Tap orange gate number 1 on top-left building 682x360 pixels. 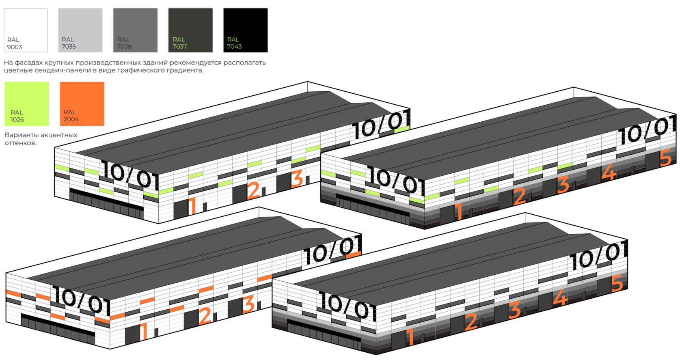click(192, 205)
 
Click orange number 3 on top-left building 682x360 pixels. click(297, 178)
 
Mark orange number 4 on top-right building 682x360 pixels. click(609, 172)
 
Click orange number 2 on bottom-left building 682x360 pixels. click(205, 315)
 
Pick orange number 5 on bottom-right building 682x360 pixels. click(617, 283)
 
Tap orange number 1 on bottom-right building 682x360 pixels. click(410, 336)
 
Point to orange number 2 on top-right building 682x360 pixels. click(520, 196)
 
